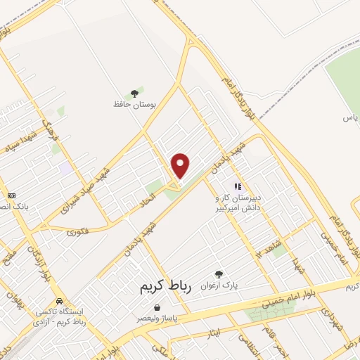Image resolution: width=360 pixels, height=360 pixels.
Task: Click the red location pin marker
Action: pos(181,166)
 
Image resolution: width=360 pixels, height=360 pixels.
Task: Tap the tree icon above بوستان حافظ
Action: pos(134,94)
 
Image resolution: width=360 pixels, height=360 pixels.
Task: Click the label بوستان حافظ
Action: pos(134,104)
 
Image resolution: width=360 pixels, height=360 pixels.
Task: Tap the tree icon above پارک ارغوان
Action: pos(219,274)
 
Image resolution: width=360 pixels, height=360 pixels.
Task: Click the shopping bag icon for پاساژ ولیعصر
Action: pos(155,307)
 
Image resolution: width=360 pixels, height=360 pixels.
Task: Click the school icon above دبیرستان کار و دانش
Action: pos(238,187)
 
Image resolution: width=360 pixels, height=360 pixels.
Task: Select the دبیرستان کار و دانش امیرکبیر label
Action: pos(238,203)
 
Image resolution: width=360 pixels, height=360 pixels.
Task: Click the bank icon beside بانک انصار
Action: pos(11,195)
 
